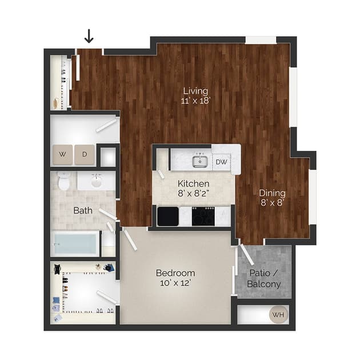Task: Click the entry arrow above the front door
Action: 89,37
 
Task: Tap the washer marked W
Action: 62,154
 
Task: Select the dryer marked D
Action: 84,154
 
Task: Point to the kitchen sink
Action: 199,162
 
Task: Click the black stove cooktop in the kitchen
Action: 203,217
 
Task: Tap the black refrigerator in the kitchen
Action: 167,217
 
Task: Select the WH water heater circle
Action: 278,314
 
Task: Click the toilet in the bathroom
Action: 63,181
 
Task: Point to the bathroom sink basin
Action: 96,182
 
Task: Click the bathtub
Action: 75,244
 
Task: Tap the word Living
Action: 195,91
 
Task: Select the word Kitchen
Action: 193,184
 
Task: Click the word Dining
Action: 272,193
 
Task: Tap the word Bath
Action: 83,210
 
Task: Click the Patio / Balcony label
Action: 263,278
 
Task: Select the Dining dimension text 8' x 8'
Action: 272,203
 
